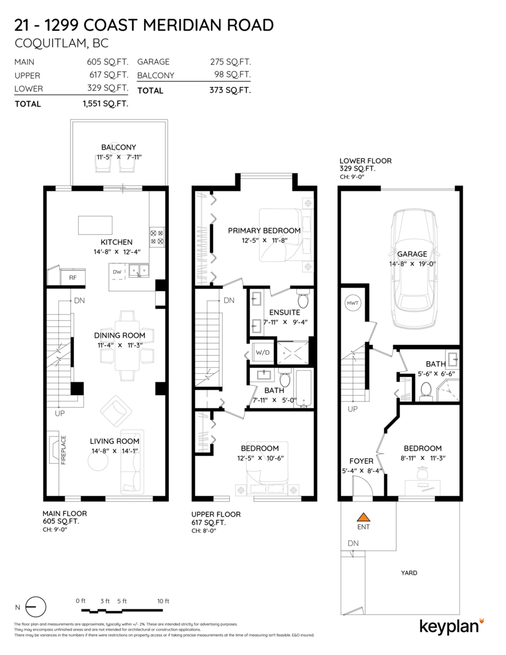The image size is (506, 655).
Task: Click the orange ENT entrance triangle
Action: pyautogui.click(x=363, y=516)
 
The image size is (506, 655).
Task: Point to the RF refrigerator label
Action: pyautogui.click(x=73, y=277)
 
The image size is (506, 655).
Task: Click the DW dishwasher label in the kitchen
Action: pyautogui.click(x=117, y=271)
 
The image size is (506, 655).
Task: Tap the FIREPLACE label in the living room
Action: pyautogui.click(x=63, y=449)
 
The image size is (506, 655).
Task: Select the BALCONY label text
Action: pyautogui.click(x=118, y=147)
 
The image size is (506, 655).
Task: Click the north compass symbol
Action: pyautogui.click(x=36, y=607)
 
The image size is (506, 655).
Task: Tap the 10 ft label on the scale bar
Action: pyautogui.click(x=163, y=601)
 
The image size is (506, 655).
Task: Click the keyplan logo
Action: pyautogui.click(x=451, y=626)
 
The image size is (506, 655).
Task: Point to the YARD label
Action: pyautogui.click(x=409, y=573)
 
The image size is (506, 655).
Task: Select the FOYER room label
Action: pyautogui.click(x=361, y=461)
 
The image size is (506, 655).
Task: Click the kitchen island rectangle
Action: pyautogui.click(x=96, y=224)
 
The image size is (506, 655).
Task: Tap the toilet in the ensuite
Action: pyautogui.click(x=303, y=300)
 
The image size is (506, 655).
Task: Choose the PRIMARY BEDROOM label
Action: pyautogui.click(x=264, y=230)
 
